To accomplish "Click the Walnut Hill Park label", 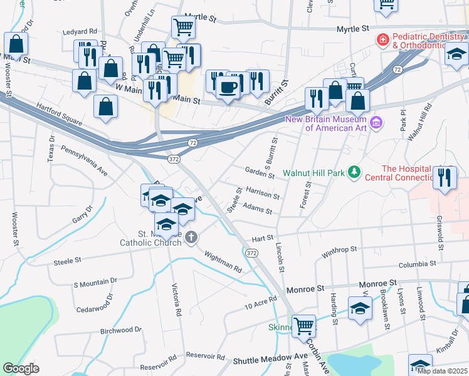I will [314, 172].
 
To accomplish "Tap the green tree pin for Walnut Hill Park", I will [354, 172].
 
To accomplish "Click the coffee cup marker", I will [229, 87].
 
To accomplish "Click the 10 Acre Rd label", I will [261, 304].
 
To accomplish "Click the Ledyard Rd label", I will [80, 31].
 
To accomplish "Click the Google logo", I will [21, 368].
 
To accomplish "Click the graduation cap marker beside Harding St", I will [360, 309].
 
